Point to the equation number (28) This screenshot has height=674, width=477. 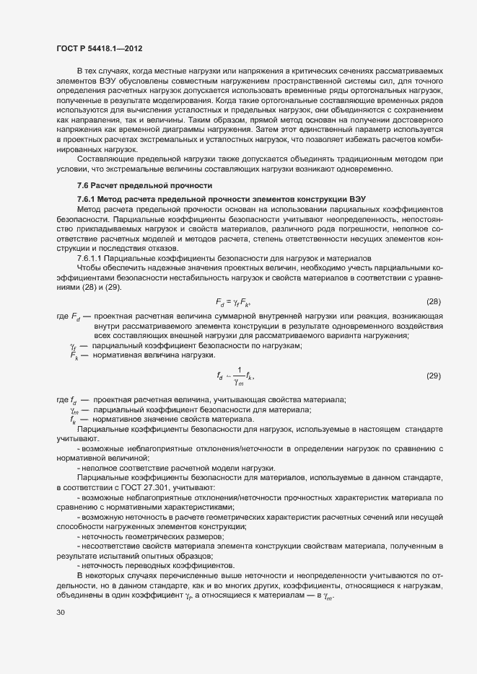point(434,301)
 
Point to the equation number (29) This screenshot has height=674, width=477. point(434,376)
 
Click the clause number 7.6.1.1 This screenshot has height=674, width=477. point(92,257)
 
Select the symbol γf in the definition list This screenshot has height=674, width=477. point(74,346)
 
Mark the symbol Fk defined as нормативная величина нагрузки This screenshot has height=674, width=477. point(74,355)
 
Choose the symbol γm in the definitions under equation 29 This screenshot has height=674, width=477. point(74,410)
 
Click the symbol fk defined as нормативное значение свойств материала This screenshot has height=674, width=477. point(74,420)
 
